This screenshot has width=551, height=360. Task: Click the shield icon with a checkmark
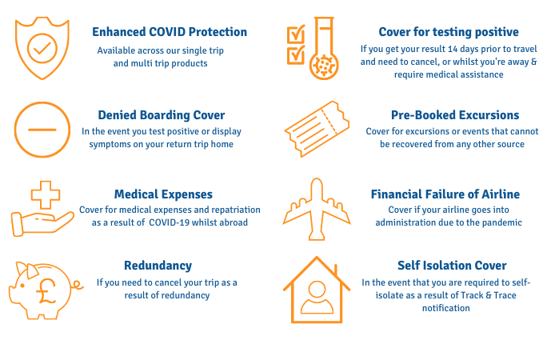pyautogui.click(x=42, y=48)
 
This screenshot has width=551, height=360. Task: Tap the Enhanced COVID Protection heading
pyautogui.click(x=170, y=32)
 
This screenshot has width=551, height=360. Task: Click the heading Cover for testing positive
pyautogui.click(x=448, y=32)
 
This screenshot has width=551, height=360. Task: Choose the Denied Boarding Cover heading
pyautogui.click(x=162, y=115)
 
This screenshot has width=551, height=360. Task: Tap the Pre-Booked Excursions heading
pyautogui.click(x=455, y=115)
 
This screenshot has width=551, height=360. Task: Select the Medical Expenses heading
pyautogui.click(x=163, y=194)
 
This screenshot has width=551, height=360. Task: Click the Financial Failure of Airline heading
pyautogui.click(x=445, y=194)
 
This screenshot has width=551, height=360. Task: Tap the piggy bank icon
pyautogui.click(x=42, y=285)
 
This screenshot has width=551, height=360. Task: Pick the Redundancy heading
pyautogui.click(x=158, y=266)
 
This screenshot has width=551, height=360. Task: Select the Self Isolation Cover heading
pyautogui.click(x=452, y=266)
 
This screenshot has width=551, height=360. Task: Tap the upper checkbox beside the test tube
pyautogui.click(x=295, y=34)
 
